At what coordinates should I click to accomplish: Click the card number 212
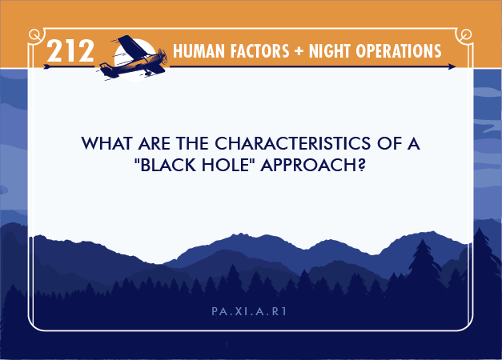[x=70, y=50]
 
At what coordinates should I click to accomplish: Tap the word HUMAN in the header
[x=199, y=51]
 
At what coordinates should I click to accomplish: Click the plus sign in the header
[x=299, y=51]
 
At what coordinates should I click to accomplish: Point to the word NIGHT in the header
[x=329, y=51]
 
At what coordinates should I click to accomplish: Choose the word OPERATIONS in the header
[x=398, y=51]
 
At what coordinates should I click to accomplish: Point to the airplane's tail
[x=106, y=70]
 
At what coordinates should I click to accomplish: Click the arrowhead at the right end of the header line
[x=452, y=66]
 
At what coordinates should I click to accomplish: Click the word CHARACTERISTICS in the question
[x=292, y=143]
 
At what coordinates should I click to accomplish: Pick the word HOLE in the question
[x=227, y=165]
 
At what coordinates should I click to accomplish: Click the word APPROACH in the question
[x=309, y=165]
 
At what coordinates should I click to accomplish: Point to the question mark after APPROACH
[x=362, y=165]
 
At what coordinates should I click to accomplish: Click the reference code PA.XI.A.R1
[x=249, y=311]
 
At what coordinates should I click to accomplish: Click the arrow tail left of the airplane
[x=47, y=66]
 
